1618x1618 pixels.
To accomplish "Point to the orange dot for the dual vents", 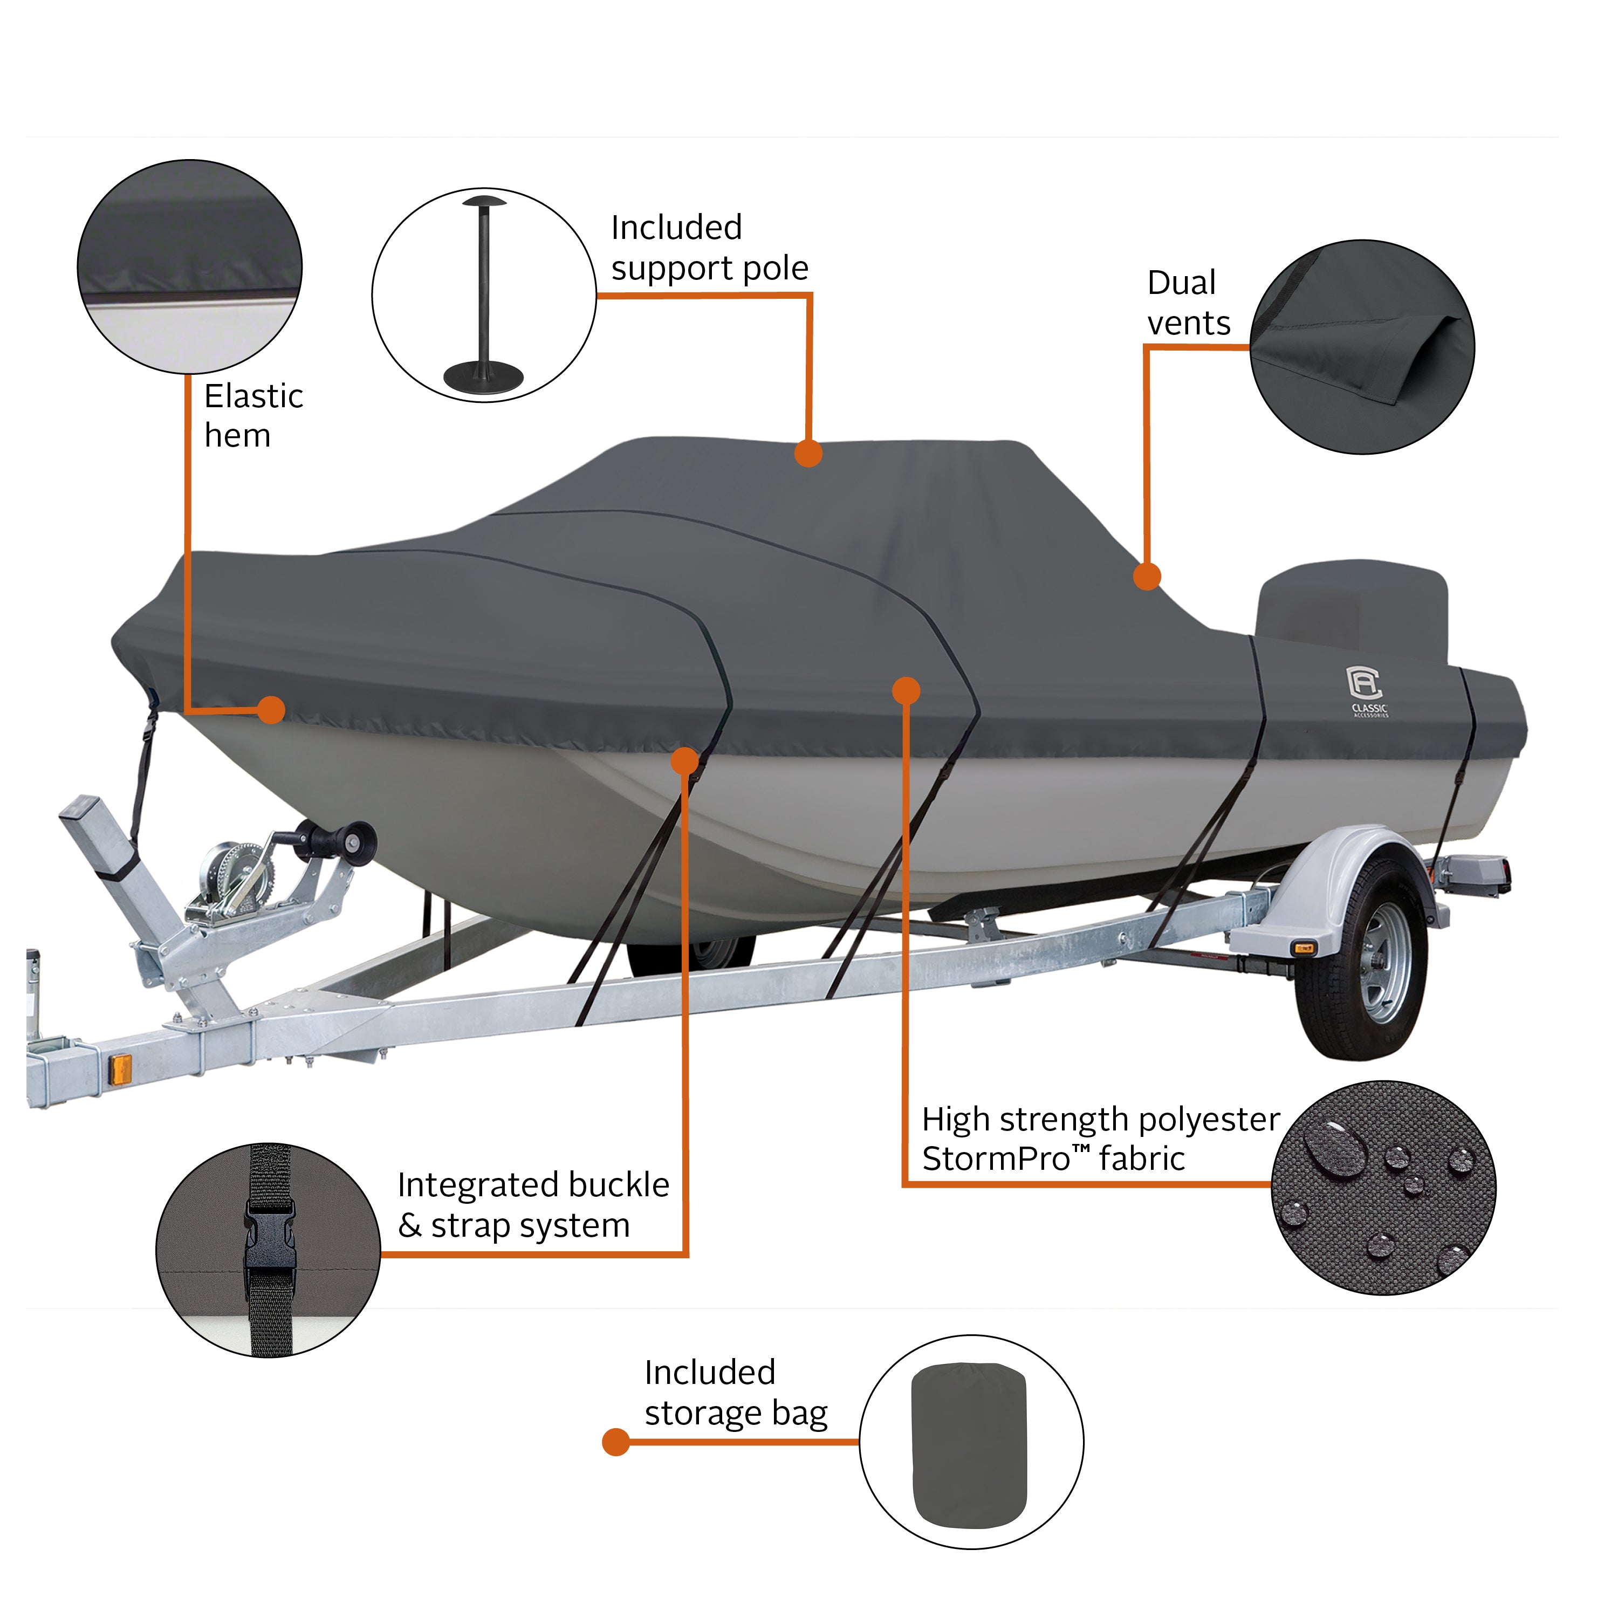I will pyautogui.click(x=1147, y=576).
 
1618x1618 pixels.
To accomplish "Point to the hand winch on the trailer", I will pyautogui.click(x=239, y=871).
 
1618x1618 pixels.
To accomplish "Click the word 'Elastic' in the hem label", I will pyautogui.click(x=253, y=396).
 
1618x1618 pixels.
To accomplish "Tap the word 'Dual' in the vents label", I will pyautogui.click(x=1181, y=283).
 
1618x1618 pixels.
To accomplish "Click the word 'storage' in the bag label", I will pyautogui.click(x=703, y=1413).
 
